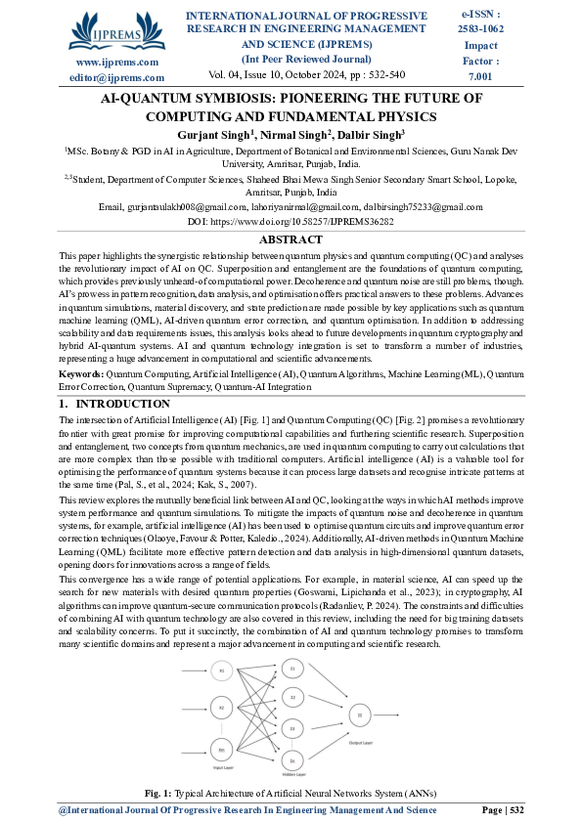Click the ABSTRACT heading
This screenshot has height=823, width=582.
[x=291, y=239]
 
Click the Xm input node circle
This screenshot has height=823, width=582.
[x=222, y=750]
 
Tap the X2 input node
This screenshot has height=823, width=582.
[x=222, y=708]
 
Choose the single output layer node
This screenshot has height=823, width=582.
[x=361, y=715]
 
